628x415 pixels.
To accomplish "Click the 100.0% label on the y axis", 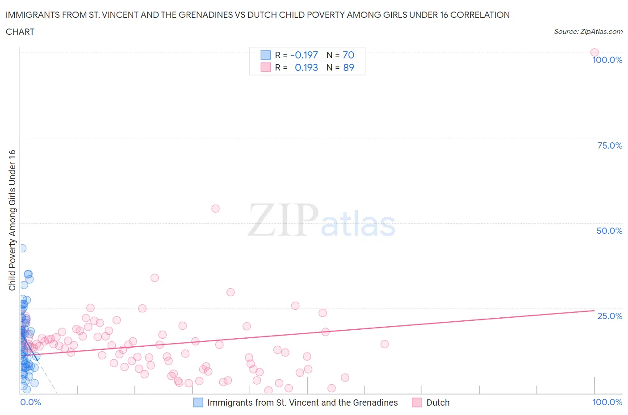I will [607, 60].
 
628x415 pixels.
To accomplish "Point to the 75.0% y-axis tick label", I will [610, 145].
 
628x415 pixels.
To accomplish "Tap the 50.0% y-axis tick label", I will [609, 231].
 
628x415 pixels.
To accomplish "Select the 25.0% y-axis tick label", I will [610, 316].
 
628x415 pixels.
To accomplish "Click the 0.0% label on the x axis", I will [30, 402].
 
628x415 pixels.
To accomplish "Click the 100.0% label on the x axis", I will [607, 402].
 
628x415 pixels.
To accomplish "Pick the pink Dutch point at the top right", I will [595, 52].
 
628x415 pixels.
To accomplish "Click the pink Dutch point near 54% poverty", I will [215, 208].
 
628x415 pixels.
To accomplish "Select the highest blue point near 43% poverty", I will [22, 248].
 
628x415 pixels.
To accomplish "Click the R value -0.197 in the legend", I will [304, 55].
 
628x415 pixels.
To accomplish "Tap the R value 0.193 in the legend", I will [306, 67].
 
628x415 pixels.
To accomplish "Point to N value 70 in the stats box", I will [348, 55].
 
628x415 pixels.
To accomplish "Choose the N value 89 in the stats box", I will [348, 67].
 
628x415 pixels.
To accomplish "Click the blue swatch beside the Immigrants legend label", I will [198, 403].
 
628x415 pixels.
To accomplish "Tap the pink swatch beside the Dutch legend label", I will [417, 403].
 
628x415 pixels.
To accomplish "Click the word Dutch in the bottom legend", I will [438, 403].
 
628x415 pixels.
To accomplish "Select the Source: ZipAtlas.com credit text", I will [588, 31].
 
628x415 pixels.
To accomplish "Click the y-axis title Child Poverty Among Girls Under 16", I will [13, 220].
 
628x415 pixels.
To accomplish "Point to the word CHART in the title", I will [20, 32].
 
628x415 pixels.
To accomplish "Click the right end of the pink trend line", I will [594, 310].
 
